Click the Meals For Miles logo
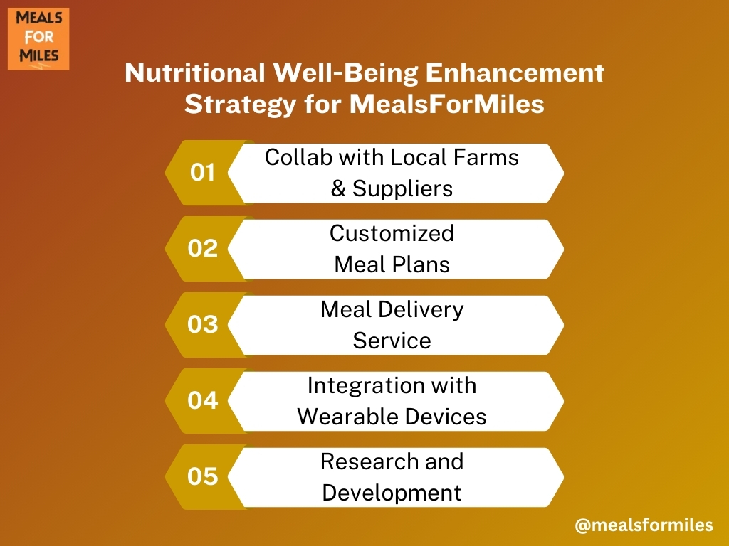pyautogui.click(x=38, y=39)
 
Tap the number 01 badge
pyautogui.click(x=203, y=172)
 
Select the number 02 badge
pyautogui.click(x=203, y=248)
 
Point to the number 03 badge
pyautogui.click(x=203, y=324)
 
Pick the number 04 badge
pyautogui.click(x=203, y=400)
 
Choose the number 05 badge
pyautogui.click(x=203, y=476)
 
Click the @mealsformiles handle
pyautogui.click(x=644, y=525)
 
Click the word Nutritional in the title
pyautogui.click(x=194, y=73)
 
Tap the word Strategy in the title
pyautogui.click(x=240, y=104)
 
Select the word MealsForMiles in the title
pyautogui.click(x=447, y=104)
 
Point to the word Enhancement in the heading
pyautogui.click(x=515, y=73)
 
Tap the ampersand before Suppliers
pyautogui.click(x=338, y=188)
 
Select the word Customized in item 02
pyautogui.click(x=392, y=233)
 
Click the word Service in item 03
pyautogui.click(x=392, y=341)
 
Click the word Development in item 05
pyautogui.click(x=392, y=493)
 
